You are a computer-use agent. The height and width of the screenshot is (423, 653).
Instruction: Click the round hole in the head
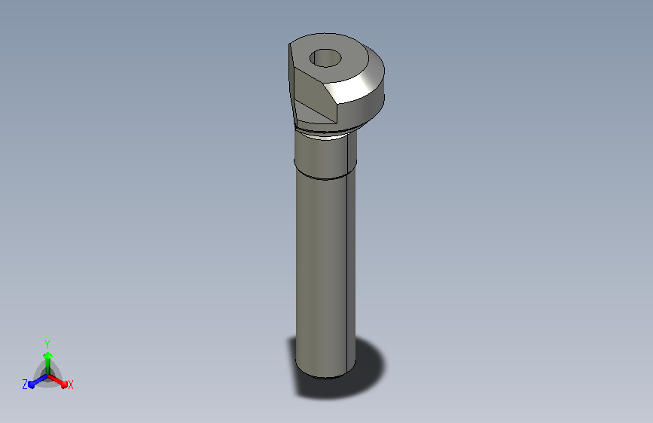coord(325,58)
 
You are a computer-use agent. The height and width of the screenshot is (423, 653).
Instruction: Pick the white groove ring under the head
coord(325,134)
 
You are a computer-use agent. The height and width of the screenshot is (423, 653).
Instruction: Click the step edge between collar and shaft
coord(325,177)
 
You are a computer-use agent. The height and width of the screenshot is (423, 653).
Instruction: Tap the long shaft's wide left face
coord(321,271)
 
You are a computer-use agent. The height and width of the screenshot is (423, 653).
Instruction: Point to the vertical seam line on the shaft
coord(347,250)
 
